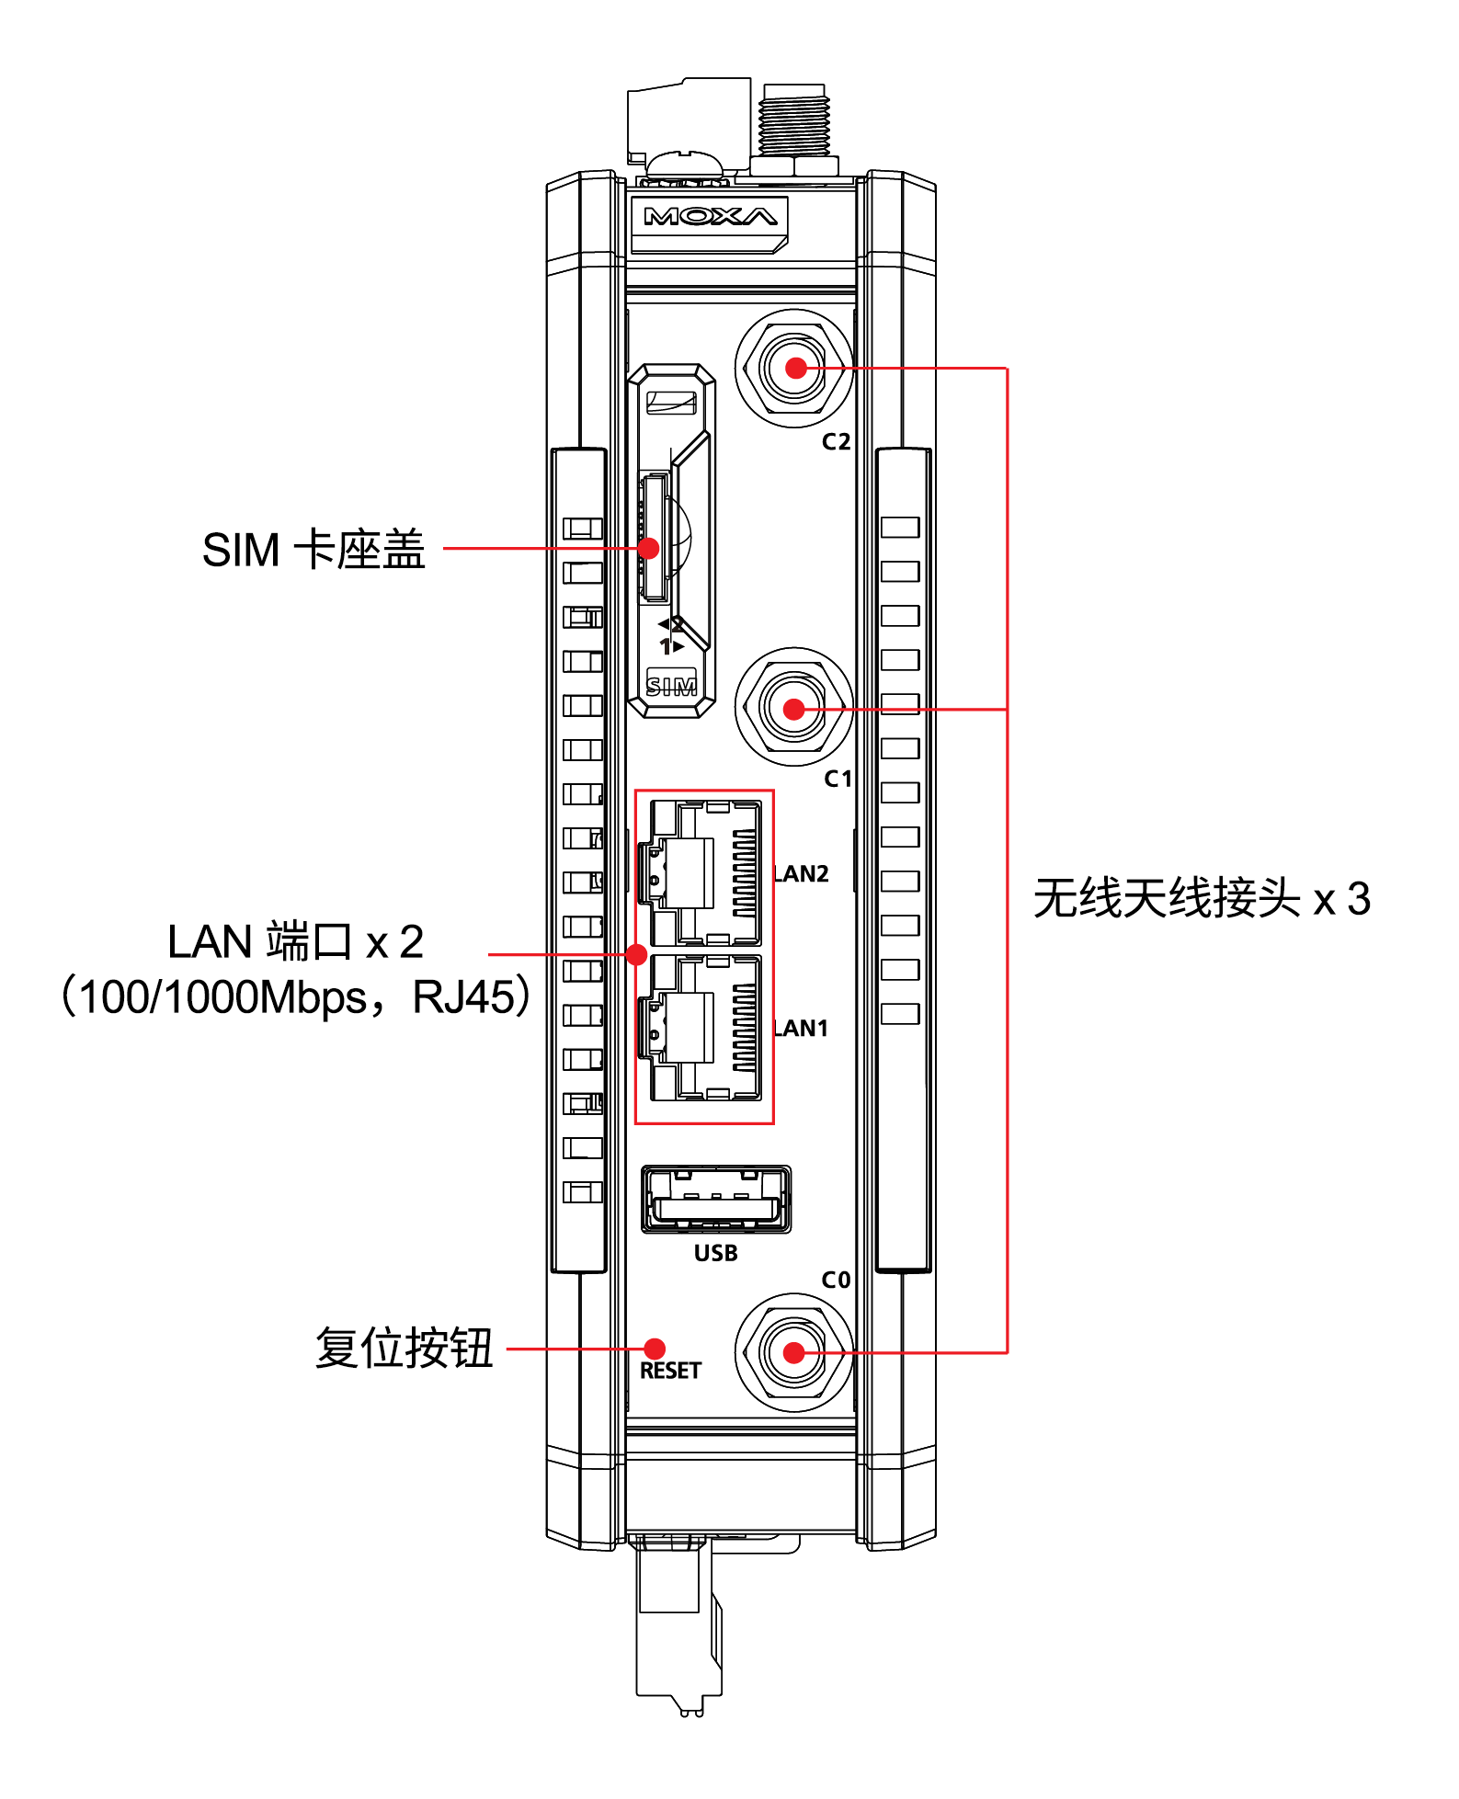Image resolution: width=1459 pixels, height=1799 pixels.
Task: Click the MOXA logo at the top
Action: (x=710, y=217)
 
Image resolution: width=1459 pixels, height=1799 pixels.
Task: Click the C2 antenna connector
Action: (x=795, y=369)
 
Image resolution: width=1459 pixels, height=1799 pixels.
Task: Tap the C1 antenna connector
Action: (x=794, y=709)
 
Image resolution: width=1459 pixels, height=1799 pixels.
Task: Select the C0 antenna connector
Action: (x=794, y=1353)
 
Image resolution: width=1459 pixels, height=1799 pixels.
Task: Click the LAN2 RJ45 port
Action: (x=705, y=872)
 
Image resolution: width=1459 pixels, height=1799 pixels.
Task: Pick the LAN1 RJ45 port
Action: (x=705, y=1028)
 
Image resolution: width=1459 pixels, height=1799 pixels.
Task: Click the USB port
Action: (x=716, y=1200)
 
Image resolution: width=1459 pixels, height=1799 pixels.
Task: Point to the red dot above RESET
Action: (x=655, y=1349)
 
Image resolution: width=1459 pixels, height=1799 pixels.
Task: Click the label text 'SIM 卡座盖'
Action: (x=313, y=550)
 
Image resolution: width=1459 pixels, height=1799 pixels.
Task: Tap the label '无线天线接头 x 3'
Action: (x=1201, y=898)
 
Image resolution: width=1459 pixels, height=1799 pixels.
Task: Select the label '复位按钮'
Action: (x=405, y=1349)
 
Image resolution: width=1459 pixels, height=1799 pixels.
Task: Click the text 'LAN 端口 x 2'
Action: (x=294, y=941)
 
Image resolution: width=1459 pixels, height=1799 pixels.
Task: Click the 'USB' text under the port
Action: (x=716, y=1253)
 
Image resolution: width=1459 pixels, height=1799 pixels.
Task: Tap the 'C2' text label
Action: (x=836, y=442)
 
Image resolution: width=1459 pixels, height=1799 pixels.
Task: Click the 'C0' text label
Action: (x=836, y=1280)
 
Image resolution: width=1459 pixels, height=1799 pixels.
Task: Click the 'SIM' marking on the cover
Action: (x=671, y=686)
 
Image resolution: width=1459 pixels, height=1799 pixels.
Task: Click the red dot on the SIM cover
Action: (x=648, y=548)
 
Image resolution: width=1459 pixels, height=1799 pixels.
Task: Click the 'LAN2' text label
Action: (x=802, y=873)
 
